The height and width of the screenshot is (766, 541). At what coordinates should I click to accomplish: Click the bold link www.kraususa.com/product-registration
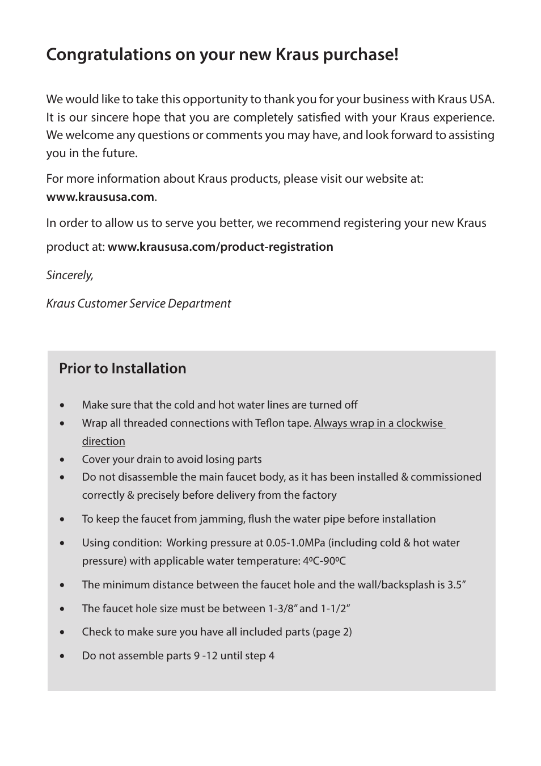tap(220, 247)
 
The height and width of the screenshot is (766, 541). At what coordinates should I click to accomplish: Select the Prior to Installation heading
tap(122, 369)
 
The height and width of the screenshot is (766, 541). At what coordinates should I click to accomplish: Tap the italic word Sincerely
tap(70, 275)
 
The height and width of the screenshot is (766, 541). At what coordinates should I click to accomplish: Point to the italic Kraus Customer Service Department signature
tap(138, 304)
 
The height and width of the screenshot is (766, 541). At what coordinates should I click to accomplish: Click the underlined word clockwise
tap(419, 423)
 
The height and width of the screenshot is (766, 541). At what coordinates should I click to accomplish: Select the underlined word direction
tap(103, 441)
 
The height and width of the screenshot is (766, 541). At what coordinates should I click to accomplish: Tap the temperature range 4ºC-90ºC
tap(324, 561)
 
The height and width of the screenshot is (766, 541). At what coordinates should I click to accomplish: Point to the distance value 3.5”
tap(457, 585)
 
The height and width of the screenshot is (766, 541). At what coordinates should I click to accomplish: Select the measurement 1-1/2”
tap(335, 609)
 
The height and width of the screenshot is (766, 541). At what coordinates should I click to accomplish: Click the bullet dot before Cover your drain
tap(62, 460)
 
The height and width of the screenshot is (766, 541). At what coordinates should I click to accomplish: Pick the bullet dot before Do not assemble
tap(62, 656)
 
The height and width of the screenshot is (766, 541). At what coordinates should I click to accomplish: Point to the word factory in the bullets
tap(319, 495)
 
